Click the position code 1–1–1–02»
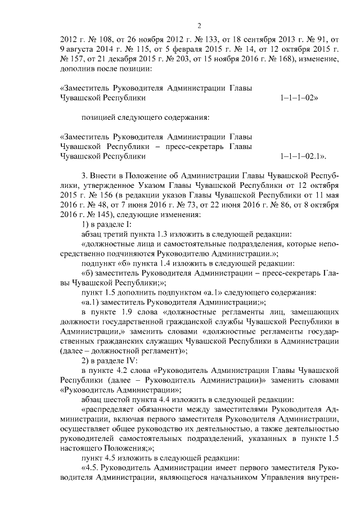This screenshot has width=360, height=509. pos(298,97)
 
